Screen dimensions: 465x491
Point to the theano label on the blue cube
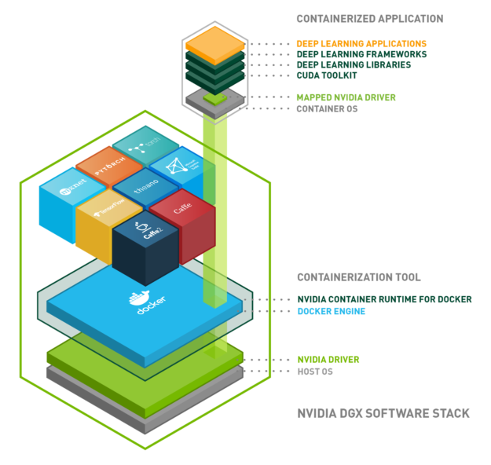click(x=145, y=189)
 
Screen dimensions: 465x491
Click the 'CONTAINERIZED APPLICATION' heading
click(x=369, y=18)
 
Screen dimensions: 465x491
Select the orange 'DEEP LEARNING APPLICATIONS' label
click(x=361, y=43)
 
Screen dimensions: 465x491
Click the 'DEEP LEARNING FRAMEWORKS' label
click(x=361, y=54)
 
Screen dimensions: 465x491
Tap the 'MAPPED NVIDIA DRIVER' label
click(x=346, y=97)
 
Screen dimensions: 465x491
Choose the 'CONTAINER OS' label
click(x=327, y=108)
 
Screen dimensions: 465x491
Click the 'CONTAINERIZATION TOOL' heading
click(x=358, y=277)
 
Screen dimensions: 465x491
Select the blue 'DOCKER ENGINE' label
click(x=331, y=311)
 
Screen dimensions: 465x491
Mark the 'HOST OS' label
click(x=314, y=371)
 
